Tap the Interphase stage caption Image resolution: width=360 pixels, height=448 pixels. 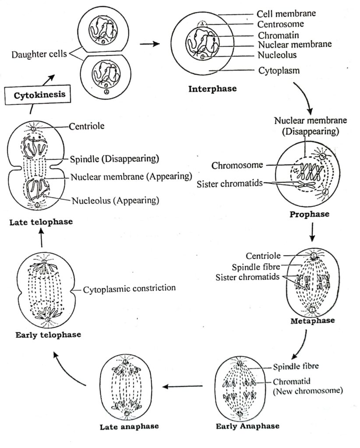coord(212,89)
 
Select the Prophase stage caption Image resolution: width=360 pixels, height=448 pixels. coord(309,214)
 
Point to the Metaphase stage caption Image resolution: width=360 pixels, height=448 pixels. coord(313,321)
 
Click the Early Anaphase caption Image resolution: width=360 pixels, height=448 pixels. coord(247,425)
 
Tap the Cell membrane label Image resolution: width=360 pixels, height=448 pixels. coord(286,14)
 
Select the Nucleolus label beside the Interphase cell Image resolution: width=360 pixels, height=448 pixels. coord(277,55)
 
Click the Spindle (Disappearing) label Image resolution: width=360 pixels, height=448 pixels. coord(114,158)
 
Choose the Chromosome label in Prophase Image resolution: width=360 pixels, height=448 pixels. coord(231,165)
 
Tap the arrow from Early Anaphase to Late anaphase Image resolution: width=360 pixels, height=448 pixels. coord(183,386)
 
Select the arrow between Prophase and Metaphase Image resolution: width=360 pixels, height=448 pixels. coord(312,232)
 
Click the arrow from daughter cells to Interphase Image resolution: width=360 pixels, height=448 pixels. coord(149,44)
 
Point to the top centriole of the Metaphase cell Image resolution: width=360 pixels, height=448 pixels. coord(313,255)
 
